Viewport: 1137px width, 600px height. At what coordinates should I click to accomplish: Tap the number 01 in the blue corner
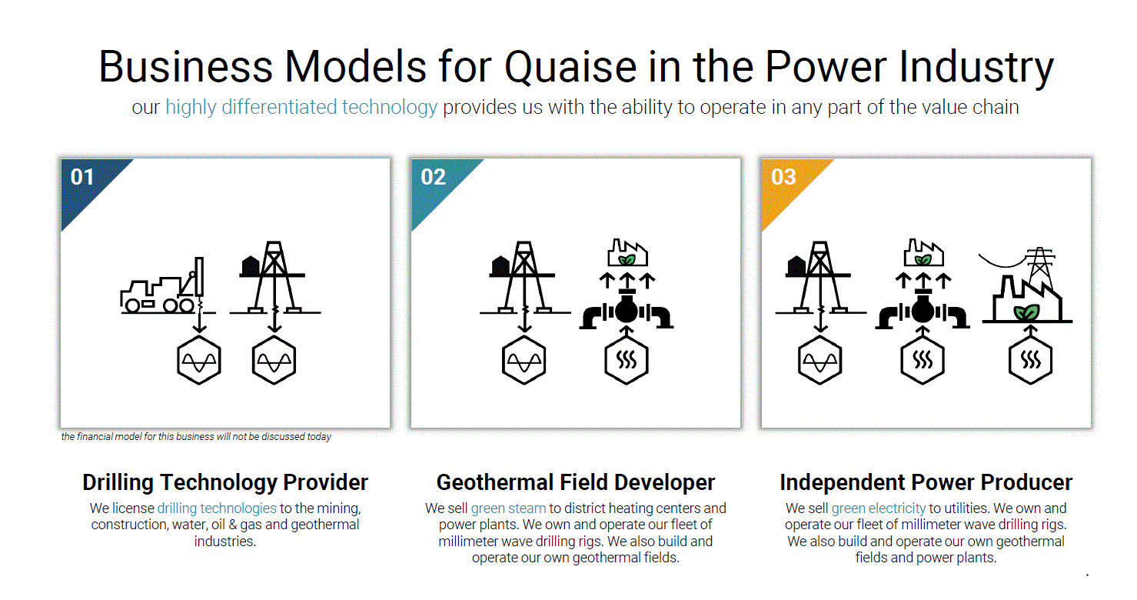pos(82,177)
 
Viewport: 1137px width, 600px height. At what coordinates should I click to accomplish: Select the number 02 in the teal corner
pos(433,177)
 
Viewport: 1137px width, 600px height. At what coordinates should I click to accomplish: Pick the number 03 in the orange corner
pos(783,177)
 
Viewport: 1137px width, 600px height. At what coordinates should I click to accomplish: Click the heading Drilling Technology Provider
pos(225,482)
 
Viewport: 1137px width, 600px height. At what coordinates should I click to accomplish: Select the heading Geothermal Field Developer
pos(576,482)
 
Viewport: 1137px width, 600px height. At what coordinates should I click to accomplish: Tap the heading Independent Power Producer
pos(926,482)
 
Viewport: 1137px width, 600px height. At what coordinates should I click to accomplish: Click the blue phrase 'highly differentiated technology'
pos(301,107)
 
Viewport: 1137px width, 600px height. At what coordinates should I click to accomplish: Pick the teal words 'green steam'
pos(508,508)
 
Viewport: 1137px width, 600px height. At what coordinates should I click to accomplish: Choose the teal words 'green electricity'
pos(878,508)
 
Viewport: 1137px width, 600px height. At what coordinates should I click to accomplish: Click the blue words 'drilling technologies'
pos(217,508)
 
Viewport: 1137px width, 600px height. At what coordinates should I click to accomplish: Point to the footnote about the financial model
pos(196,437)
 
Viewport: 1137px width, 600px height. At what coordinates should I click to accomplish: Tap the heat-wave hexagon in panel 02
pos(627,360)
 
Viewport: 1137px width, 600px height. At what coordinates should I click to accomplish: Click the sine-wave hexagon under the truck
pos(199,360)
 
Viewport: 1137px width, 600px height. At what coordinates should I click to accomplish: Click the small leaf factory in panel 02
pos(627,253)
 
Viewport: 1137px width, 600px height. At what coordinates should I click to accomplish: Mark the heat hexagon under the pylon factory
pos(1030,360)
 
